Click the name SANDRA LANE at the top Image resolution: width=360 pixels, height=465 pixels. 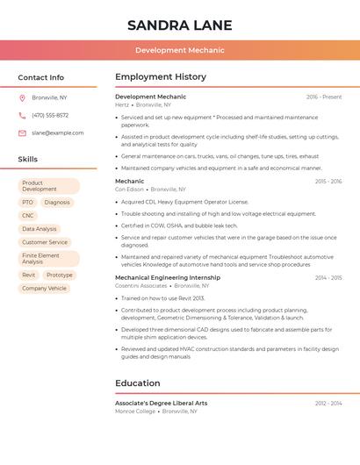tap(179, 25)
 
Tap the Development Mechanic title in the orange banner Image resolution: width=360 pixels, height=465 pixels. tap(179, 51)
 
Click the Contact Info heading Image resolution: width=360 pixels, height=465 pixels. tap(40, 77)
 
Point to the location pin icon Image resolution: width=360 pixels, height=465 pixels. tap(22, 97)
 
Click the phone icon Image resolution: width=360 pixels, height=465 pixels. tap(22, 115)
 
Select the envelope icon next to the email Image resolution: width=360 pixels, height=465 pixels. tap(22, 132)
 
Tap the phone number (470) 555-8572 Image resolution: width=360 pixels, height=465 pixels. tap(50, 115)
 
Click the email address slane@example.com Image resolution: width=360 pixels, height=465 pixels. tap(57, 132)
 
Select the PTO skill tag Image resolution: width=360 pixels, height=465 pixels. tap(27, 202)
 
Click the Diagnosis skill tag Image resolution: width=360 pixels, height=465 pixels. tap(57, 202)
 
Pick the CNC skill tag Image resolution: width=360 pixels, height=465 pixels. tap(28, 215)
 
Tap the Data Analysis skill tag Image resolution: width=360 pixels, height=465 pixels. tap(40, 229)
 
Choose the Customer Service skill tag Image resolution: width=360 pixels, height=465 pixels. tap(45, 242)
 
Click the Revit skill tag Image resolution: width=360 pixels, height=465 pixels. tap(29, 275)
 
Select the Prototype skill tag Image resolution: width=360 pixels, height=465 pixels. tap(60, 275)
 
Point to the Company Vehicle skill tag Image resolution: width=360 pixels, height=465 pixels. tap(44, 288)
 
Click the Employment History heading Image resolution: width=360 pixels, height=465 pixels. tap(161, 77)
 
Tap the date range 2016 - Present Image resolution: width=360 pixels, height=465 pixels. tap(324, 97)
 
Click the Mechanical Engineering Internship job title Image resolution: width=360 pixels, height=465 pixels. tap(168, 277)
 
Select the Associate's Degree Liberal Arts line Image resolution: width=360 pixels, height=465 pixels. tap(162, 403)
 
